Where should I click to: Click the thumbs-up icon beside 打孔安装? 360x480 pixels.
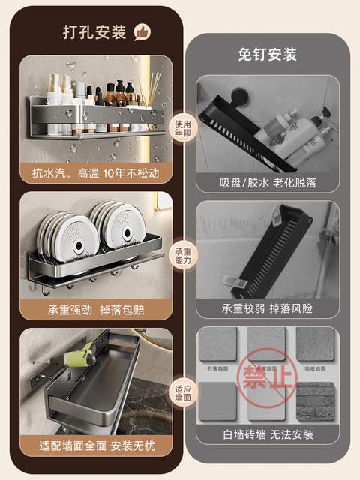tap(142, 31)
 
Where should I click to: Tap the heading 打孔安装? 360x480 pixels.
tap(95, 32)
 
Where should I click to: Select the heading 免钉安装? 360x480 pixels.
tap(267, 55)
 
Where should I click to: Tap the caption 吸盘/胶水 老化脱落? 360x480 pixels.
tap(267, 183)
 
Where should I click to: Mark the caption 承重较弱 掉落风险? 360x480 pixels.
tap(267, 308)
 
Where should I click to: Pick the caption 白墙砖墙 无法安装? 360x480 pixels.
tap(267, 434)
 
